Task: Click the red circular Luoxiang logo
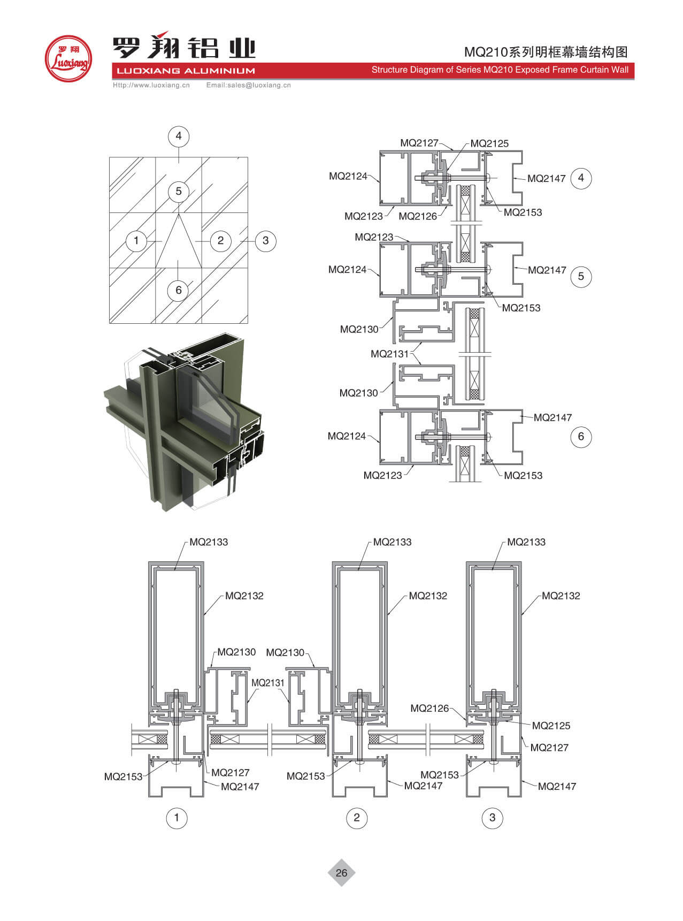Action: tap(68, 59)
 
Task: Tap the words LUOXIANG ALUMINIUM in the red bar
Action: tap(186, 71)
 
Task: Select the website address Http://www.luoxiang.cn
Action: tap(151, 85)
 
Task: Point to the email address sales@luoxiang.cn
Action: tap(248, 85)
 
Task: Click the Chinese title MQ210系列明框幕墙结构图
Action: tap(546, 52)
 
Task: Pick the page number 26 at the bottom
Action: tap(341, 873)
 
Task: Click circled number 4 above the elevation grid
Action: tap(179, 136)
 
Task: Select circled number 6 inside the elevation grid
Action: tap(179, 290)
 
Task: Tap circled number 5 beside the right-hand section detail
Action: tap(581, 277)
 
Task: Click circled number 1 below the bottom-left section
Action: tap(176, 818)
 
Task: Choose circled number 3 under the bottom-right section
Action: tap(493, 818)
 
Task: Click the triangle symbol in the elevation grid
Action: tap(178, 243)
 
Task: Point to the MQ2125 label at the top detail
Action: tap(489, 143)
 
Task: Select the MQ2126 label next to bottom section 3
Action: tap(429, 709)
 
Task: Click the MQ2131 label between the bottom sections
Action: tap(268, 683)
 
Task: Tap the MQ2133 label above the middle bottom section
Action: tap(393, 542)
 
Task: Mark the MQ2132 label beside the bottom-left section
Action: tap(244, 596)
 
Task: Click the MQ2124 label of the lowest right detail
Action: tap(347, 436)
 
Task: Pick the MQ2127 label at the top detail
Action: tap(419, 143)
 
